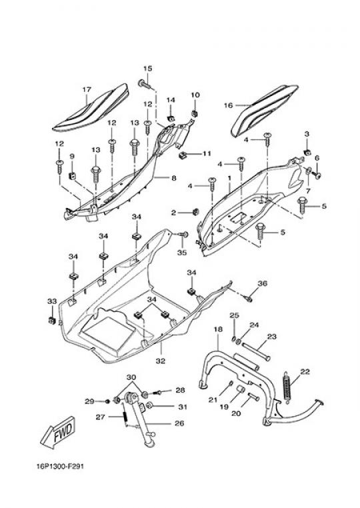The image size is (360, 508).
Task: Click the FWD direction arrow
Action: tap(58, 433)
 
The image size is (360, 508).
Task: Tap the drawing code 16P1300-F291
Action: tap(60, 467)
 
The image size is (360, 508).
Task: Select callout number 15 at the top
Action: tap(148, 69)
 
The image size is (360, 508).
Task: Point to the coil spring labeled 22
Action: tap(287, 387)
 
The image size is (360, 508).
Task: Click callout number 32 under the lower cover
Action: tap(161, 361)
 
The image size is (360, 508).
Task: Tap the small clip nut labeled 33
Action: tap(51, 321)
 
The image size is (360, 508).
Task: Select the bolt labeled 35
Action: tap(184, 234)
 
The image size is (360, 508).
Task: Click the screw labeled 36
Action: tap(248, 299)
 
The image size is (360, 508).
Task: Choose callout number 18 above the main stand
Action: tap(219, 329)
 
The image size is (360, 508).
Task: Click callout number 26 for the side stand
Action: tap(179, 423)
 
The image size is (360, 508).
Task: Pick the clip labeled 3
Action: tap(306, 151)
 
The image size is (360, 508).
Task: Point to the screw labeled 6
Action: tap(316, 174)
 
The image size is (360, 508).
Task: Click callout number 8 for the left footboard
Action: tap(174, 178)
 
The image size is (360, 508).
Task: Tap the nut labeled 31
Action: tap(150, 405)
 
